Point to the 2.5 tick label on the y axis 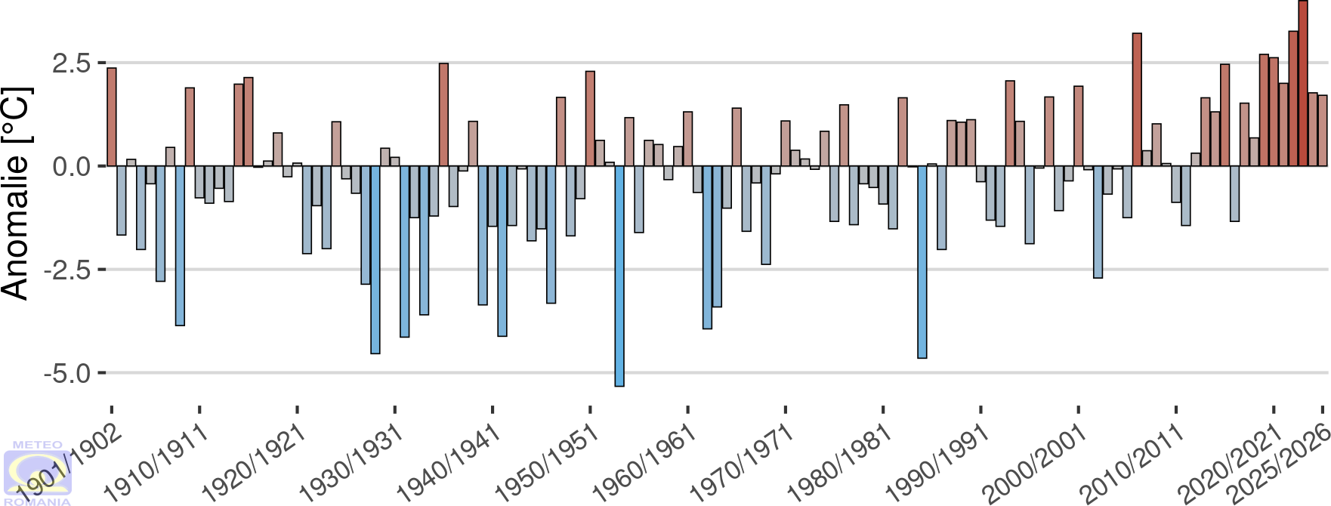[x=72, y=63]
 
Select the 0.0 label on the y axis [x=72, y=166]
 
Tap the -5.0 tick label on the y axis [x=68, y=373]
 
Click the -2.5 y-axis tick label [x=68, y=270]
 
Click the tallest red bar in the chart [x=1303, y=83]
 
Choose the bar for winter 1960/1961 [x=688, y=139]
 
